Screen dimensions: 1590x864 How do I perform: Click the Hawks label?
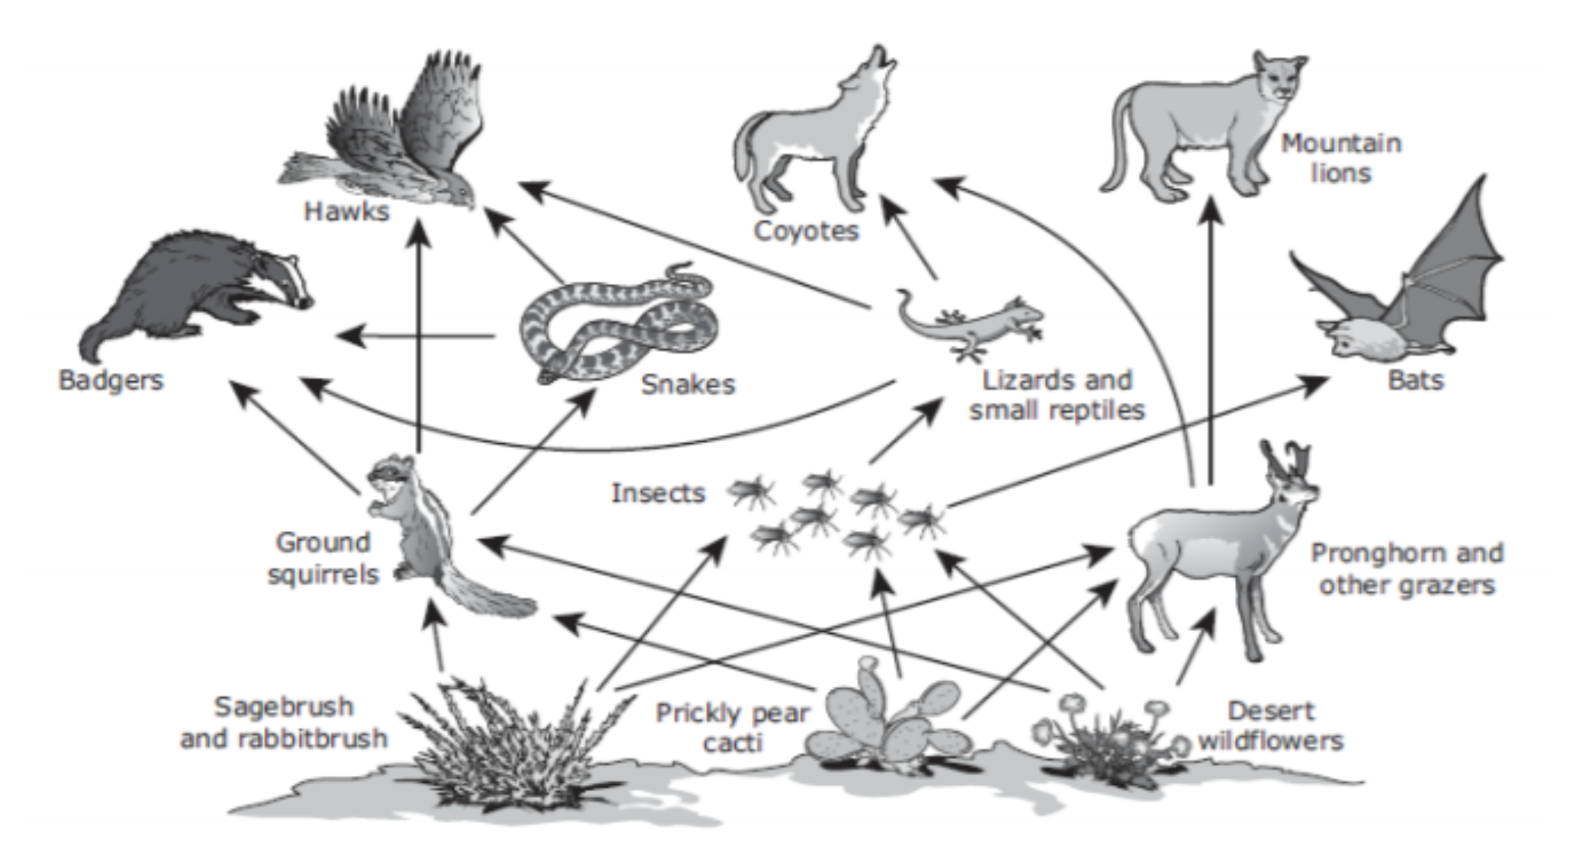pyautogui.click(x=347, y=211)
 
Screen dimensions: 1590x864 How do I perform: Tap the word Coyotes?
pyautogui.click(x=806, y=231)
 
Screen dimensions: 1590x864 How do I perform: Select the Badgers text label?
pyautogui.click(x=111, y=380)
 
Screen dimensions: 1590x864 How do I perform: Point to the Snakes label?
pyautogui.click(x=688, y=385)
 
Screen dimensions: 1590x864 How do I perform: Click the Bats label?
pyautogui.click(x=1416, y=380)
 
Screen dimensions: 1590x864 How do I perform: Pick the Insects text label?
pyautogui.click(x=658, y=493)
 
